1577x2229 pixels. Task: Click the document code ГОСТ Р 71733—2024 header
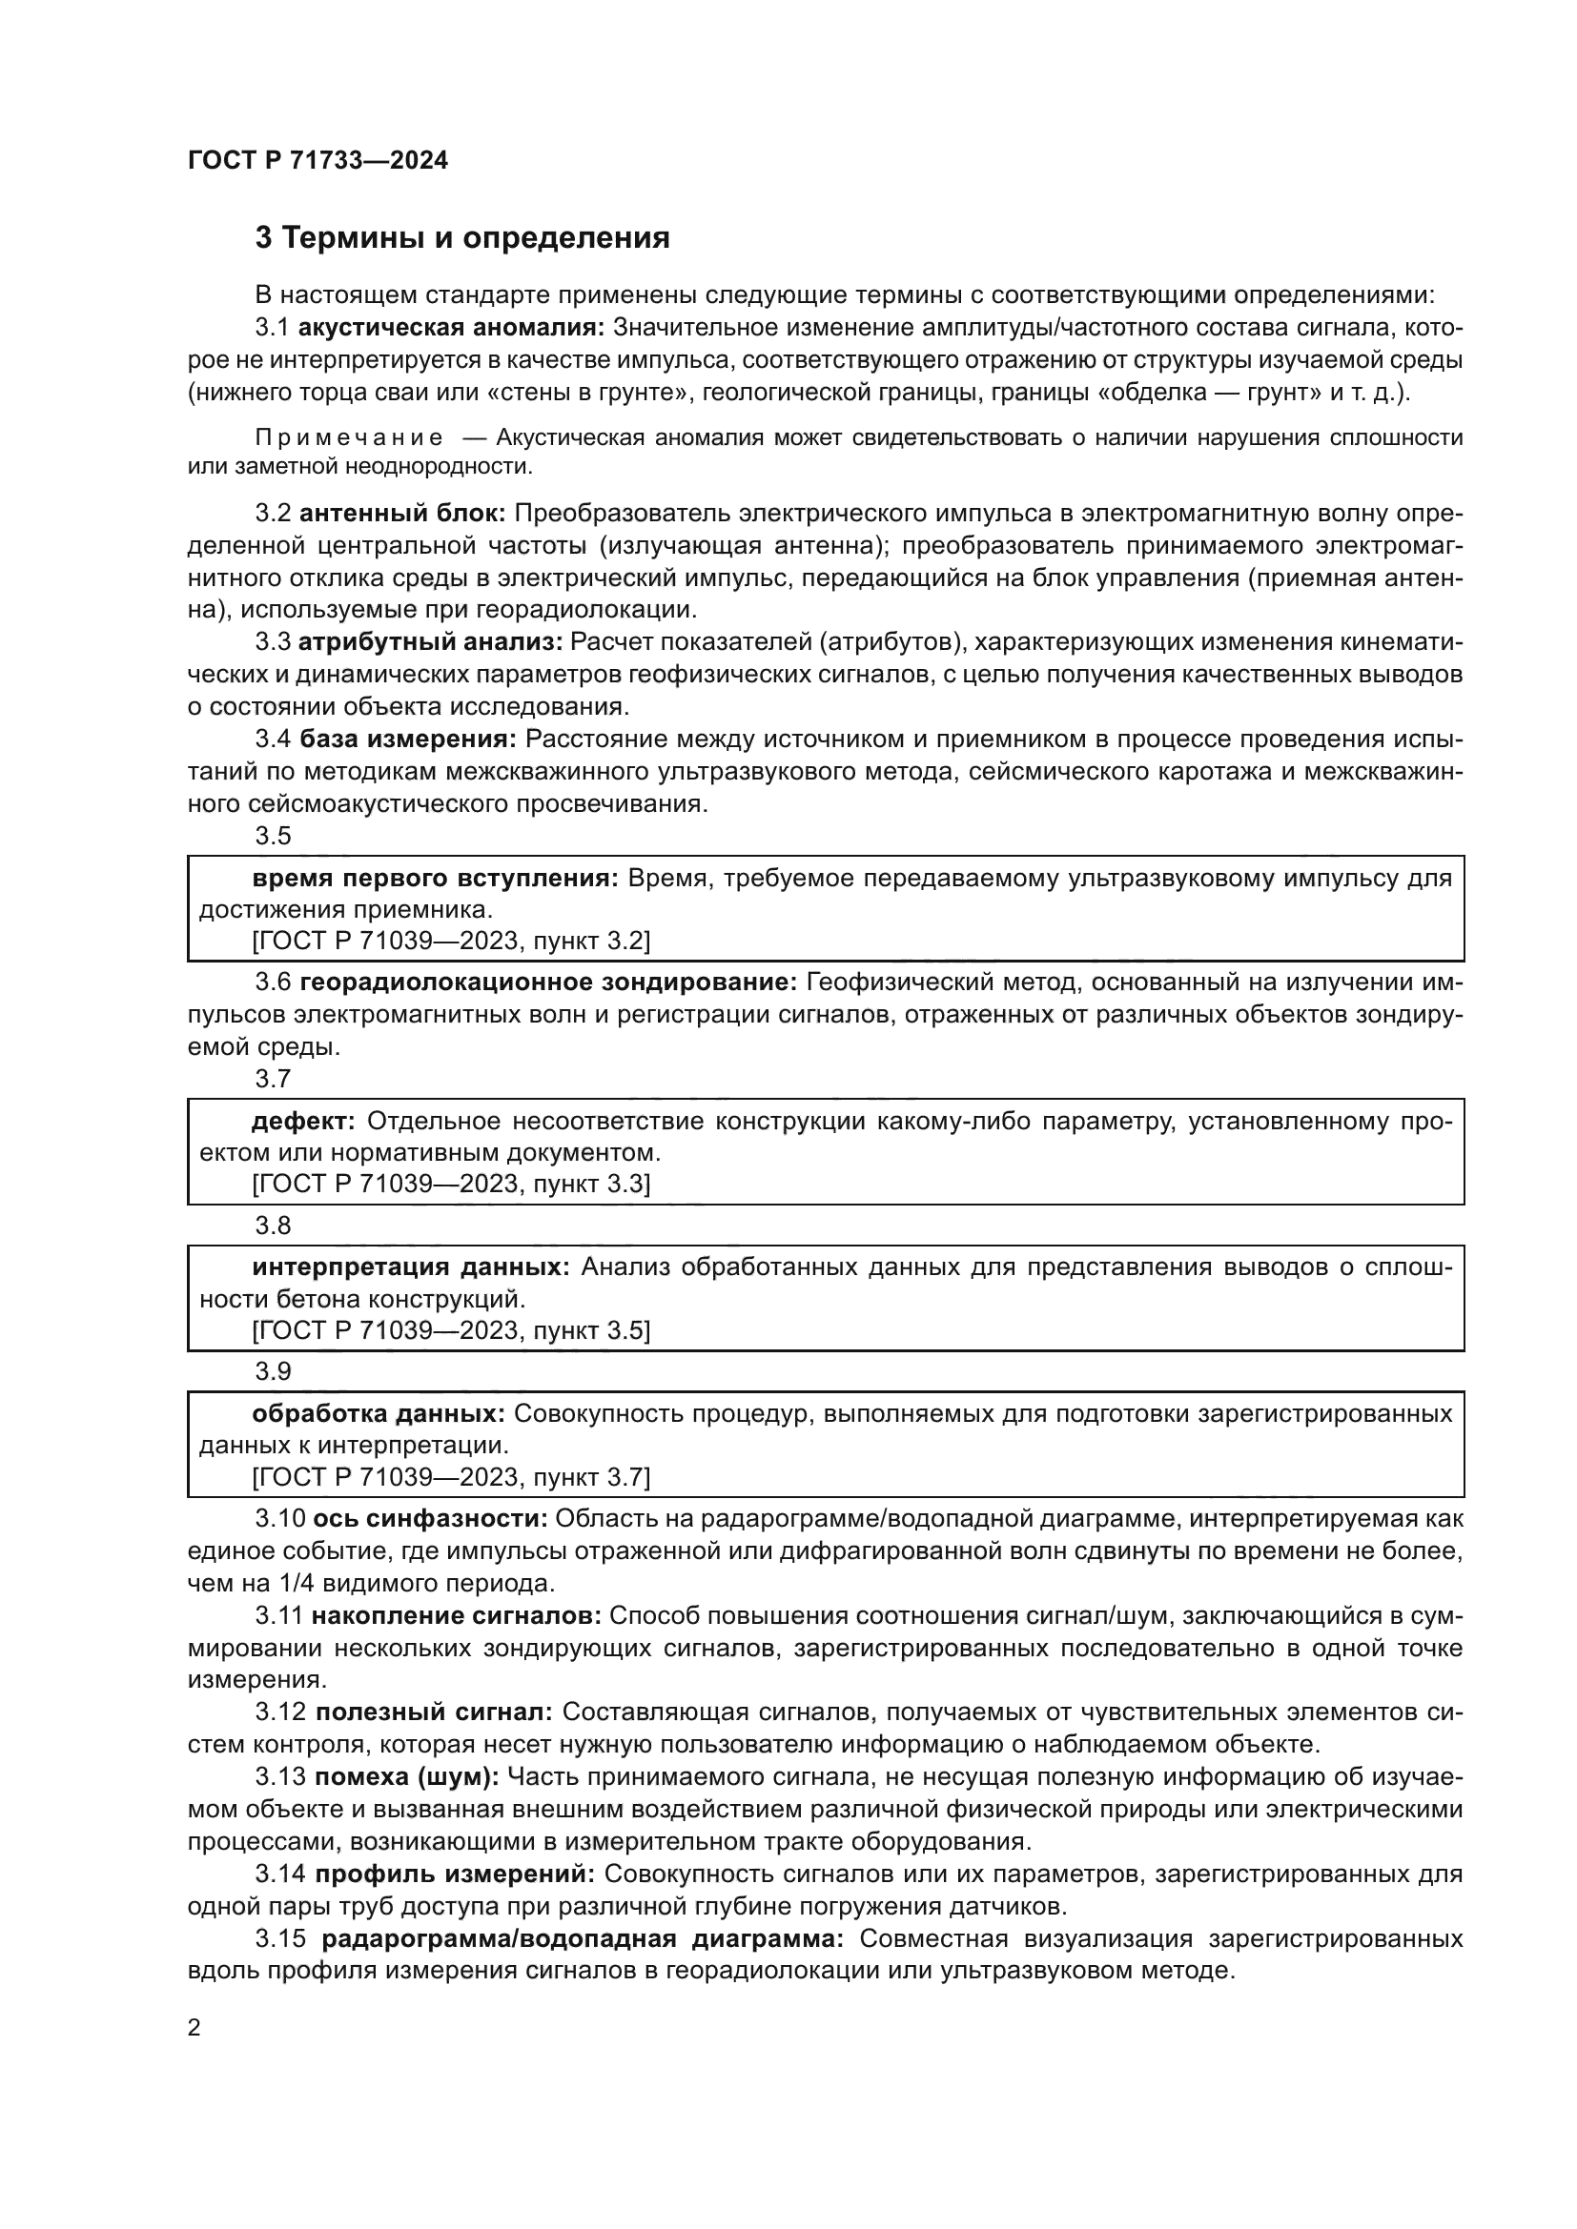(318, 160)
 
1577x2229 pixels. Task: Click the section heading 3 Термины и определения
(462, 238)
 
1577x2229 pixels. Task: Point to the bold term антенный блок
(402, 514)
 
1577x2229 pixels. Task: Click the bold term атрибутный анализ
(430, 642)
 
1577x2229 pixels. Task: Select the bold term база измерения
(408, 739)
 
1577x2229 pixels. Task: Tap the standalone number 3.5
(273, 836)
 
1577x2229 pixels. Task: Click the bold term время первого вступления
(435, 879)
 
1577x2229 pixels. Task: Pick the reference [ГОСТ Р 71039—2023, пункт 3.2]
(451, 940)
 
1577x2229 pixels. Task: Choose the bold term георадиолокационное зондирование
(547, 982)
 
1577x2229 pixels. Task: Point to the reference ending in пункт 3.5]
(451, 1330)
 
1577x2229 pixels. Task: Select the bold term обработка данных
(378, 1413)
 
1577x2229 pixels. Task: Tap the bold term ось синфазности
(430, 1518)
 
